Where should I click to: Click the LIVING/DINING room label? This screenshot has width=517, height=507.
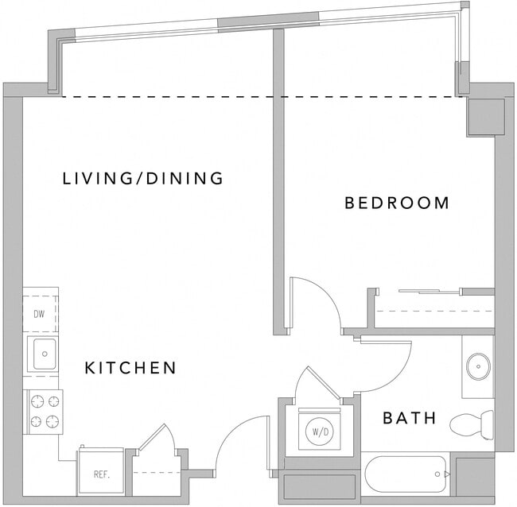coord(143,178)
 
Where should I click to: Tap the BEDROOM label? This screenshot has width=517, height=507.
coord(397,203)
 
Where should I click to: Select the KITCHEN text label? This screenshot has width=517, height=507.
coord(130,368)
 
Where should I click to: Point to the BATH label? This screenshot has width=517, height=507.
coord(410,417)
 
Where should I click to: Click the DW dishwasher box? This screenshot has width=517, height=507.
coord(39,313)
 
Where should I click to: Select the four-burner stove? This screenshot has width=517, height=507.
coord(44,411)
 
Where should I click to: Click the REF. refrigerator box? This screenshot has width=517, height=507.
coord(101,474)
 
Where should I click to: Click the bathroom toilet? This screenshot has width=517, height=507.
coord(472,424)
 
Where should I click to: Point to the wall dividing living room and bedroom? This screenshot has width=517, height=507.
coord(278,183)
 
